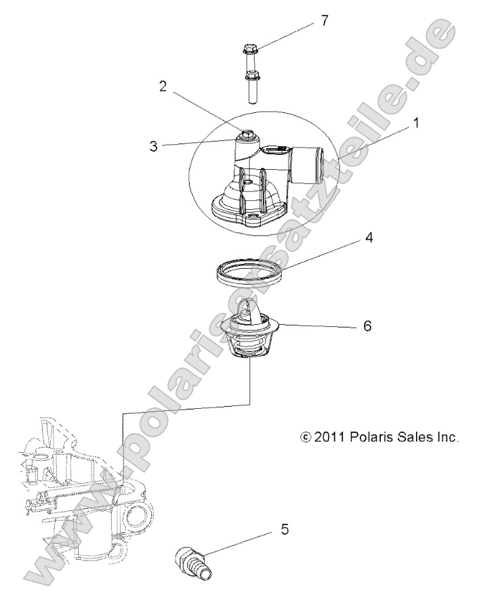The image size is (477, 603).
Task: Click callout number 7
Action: (x=325, y=20)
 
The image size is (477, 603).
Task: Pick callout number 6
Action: (x=367, y=326)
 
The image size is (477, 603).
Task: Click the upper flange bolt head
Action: (x=249, y=49)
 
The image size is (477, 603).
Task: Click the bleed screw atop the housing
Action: (x=248, y=134)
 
